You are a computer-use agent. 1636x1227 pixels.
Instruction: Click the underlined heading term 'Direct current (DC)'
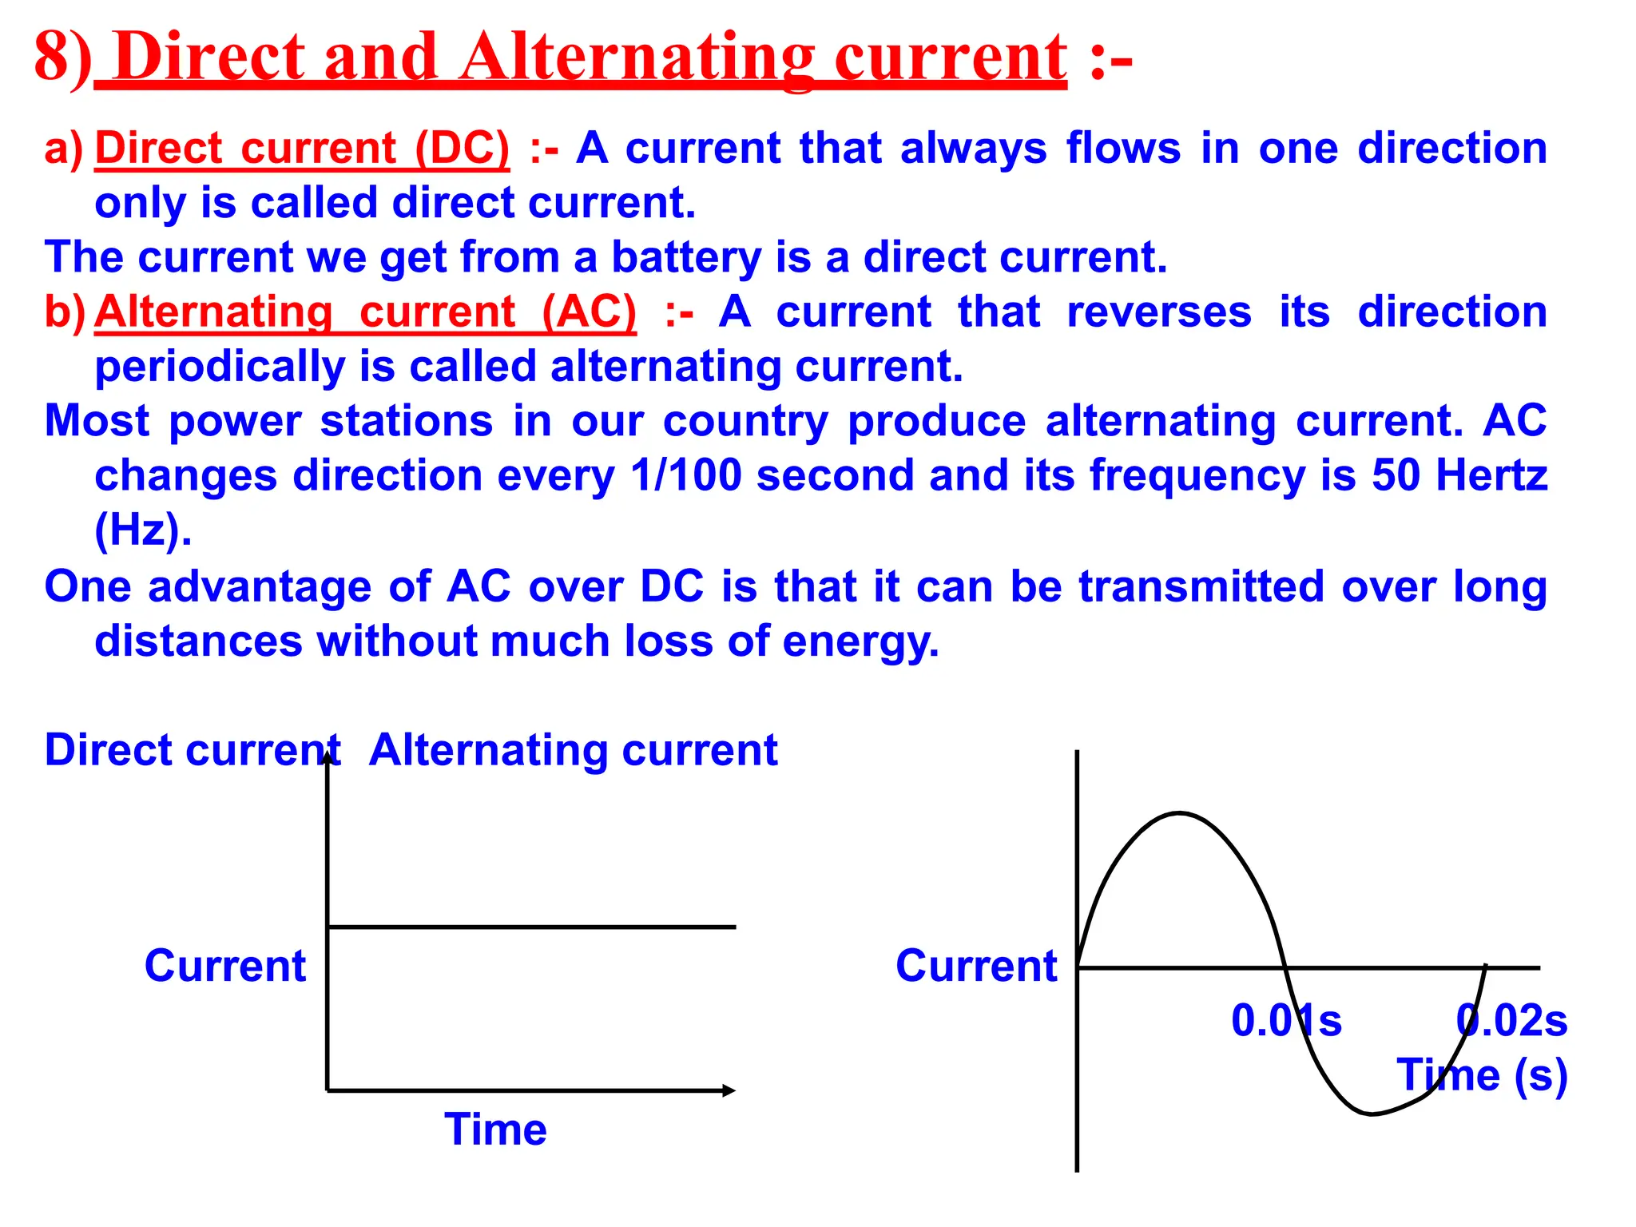point(301,149)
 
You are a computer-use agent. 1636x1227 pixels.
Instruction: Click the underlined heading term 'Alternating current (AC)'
point(365,312)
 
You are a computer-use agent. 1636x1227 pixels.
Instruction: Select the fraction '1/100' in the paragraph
point(685,475)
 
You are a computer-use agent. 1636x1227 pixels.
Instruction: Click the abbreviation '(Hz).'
point(143,530)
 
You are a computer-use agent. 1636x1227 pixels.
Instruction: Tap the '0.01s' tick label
point(1286,1021)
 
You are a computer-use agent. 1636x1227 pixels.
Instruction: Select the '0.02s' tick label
point(1511,1021)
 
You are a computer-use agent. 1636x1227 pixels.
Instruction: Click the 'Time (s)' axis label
point(1482,1075)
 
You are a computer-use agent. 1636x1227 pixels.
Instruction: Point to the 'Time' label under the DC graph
point(495,1130)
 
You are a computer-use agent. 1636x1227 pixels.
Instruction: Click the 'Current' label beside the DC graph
point(225,966)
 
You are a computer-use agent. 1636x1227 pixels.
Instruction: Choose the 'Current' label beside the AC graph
point(976,966)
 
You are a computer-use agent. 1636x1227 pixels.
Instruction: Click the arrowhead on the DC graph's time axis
point(729,1090)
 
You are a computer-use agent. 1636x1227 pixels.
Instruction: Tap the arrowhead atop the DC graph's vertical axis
point(328,757)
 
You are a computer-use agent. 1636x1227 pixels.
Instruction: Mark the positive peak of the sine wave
point(1179,814)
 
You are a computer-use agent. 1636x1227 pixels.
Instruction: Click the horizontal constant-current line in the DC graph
point(531,927)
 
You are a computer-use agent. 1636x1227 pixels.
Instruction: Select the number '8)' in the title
point(62,58)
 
